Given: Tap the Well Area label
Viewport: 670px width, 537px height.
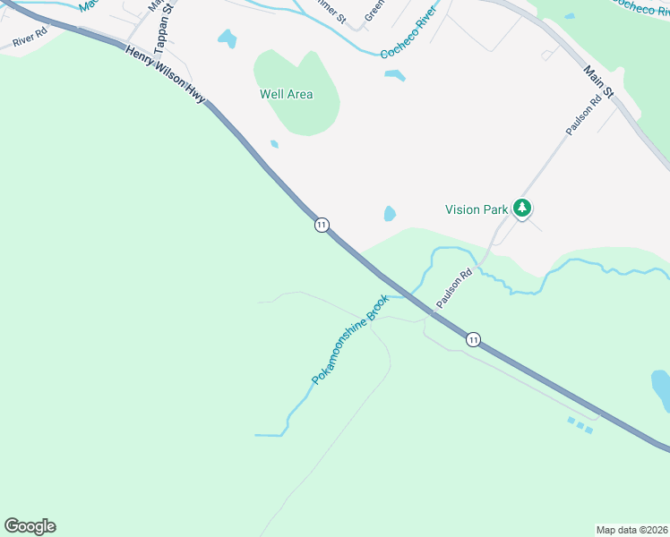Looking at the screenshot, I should coord(286,94).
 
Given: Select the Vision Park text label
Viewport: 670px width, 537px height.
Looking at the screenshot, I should coord(477,209).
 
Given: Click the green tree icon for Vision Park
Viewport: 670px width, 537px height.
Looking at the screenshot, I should coord(522,209).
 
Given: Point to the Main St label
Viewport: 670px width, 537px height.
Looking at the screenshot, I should coord(597,81).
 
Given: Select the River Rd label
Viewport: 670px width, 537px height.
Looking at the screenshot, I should coord(29,41).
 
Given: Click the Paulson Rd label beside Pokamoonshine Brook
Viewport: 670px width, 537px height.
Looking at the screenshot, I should coord(453,290).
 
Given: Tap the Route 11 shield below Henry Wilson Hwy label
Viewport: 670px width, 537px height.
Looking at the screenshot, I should coord(322,224).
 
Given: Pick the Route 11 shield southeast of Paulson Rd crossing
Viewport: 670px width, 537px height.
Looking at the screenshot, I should coord(472,339).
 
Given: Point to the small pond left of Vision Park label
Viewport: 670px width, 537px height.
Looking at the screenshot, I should coord(390,213).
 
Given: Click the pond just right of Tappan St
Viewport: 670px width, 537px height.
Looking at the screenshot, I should coord(228,38).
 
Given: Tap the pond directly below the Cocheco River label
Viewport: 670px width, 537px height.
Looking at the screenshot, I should coord(395,75).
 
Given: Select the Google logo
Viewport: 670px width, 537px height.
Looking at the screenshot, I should coord(30,526).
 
